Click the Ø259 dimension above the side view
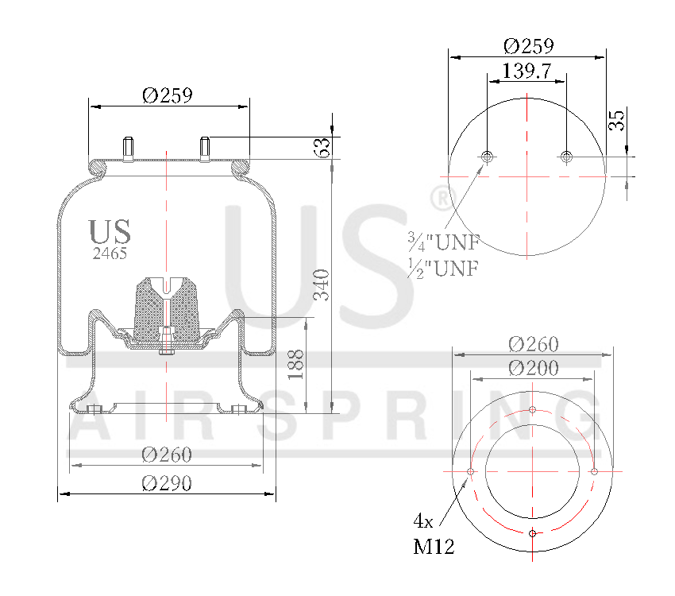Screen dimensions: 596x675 pos(168,95)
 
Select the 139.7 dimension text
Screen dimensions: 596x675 pos(526,71)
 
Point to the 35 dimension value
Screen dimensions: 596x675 pos(617,120)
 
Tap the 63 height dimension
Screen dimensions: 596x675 pos(322,148)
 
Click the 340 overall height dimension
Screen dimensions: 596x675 pos(322,284)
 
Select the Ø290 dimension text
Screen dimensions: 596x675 pos(167,482)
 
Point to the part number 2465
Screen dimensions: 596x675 pos(110,253)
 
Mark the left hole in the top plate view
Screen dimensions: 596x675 pos(487,157)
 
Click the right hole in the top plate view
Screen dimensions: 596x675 pos(565,157)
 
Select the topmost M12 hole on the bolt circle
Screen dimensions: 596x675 pos(532,411)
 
